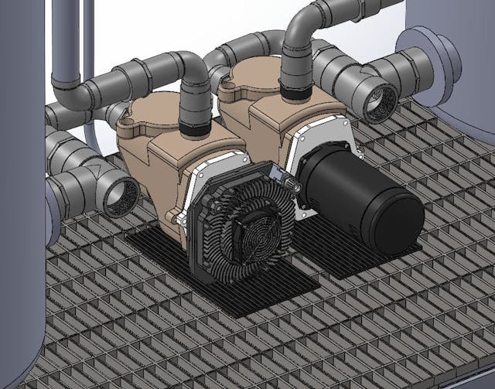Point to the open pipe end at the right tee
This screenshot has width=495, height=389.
(x=380, y=100)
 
